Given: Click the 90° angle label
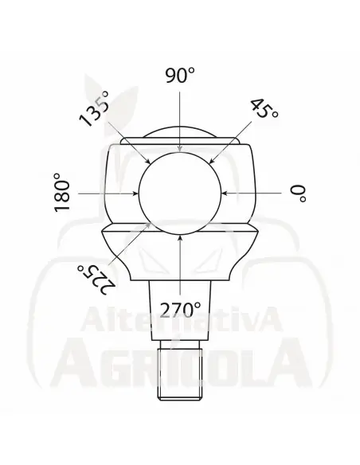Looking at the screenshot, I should point(180,76).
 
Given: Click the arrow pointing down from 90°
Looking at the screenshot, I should point(180,119).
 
